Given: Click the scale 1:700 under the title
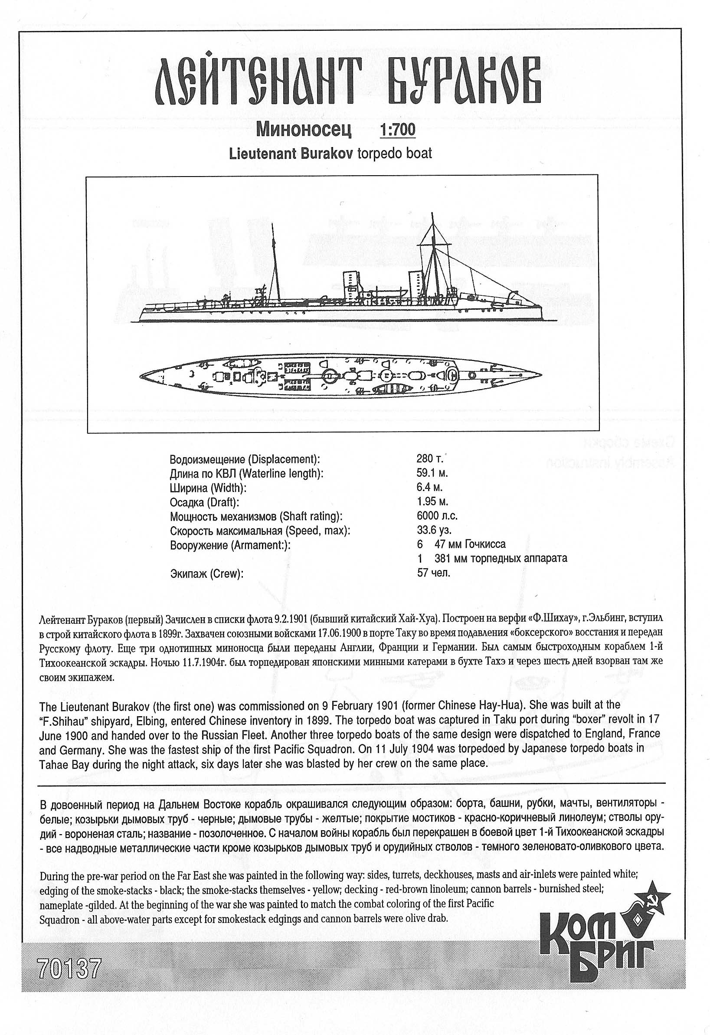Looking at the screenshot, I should (x=397, y=129).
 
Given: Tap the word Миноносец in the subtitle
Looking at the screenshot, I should (x=304, y=129).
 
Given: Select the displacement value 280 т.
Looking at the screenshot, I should (x=430, y=459).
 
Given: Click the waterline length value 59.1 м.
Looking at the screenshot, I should (x=432, y=473).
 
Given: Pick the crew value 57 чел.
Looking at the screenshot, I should (x=433, y=573).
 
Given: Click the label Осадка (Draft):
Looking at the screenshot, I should (x=204, y=502).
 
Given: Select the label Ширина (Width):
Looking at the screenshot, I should (x=208, y=488).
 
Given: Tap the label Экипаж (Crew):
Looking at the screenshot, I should (x=207, y=573).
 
